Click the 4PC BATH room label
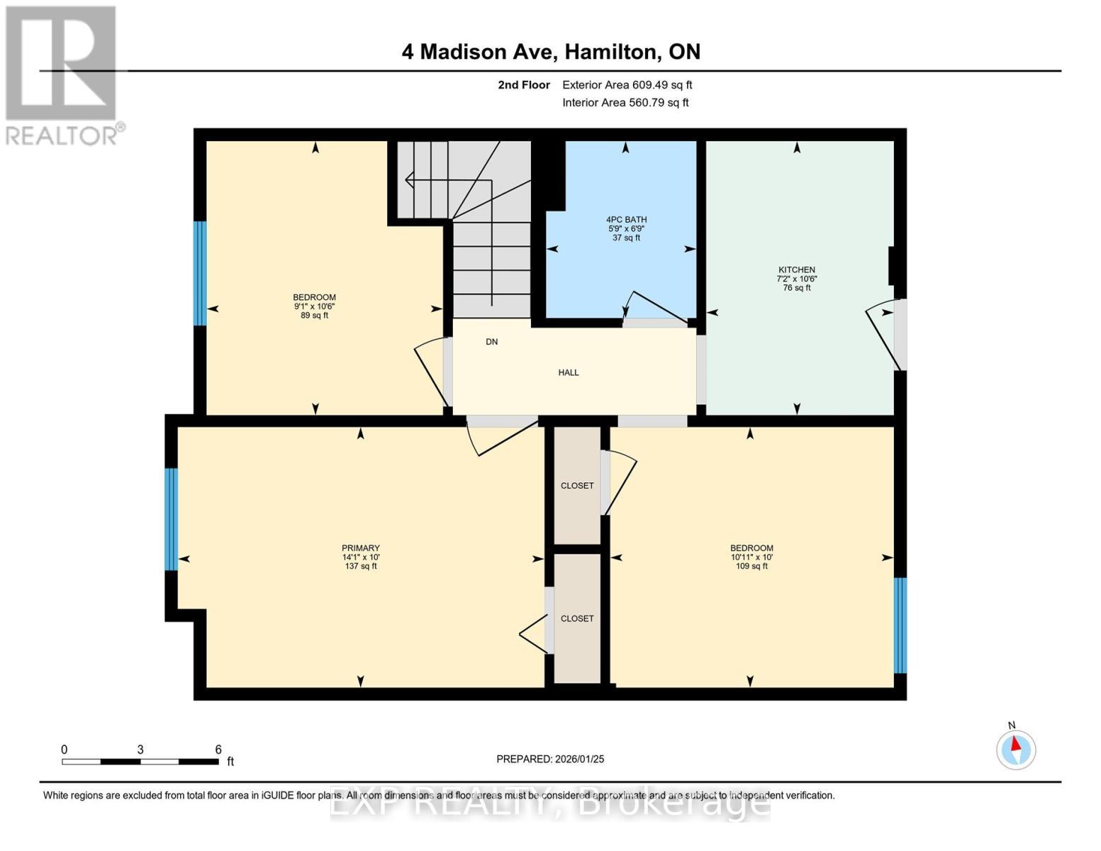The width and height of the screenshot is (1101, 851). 627,220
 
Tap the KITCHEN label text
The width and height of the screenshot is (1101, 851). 797,270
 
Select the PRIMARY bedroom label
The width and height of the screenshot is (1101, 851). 361,548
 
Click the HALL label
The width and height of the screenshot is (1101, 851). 569,372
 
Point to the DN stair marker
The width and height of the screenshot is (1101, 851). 492,342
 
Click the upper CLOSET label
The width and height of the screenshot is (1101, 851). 577,486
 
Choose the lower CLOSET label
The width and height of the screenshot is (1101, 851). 577,618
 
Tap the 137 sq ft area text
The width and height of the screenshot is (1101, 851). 361,567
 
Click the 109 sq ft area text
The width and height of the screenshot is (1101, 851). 751,567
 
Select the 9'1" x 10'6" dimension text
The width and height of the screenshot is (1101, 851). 315,306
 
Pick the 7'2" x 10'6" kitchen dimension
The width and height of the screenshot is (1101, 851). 797,279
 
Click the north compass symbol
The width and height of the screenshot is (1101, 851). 1016,749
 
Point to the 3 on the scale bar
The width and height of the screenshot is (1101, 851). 140,750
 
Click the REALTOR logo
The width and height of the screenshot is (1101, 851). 62,74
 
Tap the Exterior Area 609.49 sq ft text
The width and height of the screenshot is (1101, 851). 627,85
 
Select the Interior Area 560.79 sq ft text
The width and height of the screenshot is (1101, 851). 625,103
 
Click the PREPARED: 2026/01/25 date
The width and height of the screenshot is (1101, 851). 550,759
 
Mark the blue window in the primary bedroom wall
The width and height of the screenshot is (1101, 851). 171,519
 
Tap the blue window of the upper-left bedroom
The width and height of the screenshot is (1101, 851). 200,273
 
